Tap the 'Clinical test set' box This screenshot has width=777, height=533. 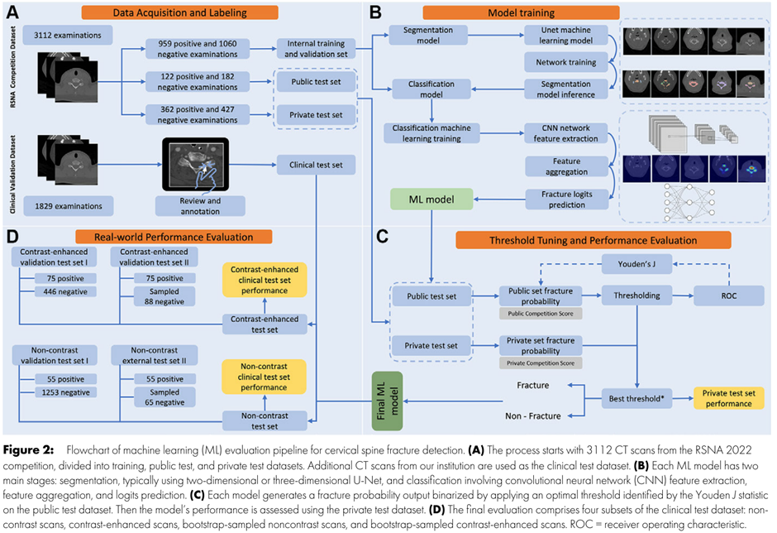tap(317, 165)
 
